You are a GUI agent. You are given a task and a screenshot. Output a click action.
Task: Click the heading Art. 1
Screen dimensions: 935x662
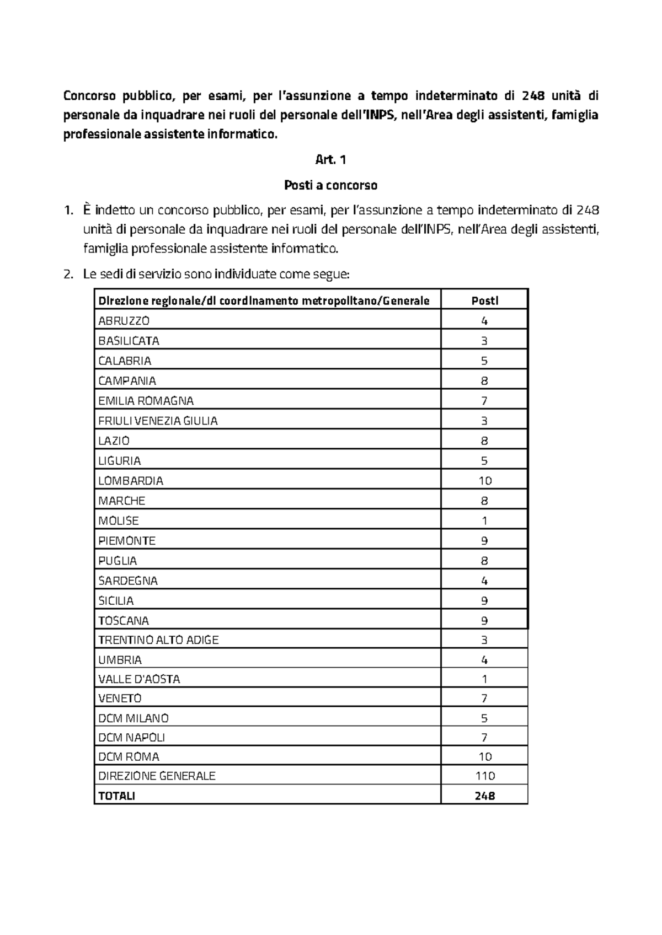330,160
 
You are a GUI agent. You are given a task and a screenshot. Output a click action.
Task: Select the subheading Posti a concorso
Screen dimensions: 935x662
330,185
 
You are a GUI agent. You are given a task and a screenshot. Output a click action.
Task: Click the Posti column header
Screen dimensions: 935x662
484,300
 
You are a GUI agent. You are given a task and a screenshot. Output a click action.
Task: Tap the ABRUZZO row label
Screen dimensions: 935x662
124,321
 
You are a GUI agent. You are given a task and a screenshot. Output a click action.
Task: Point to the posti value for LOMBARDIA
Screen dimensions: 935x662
484,481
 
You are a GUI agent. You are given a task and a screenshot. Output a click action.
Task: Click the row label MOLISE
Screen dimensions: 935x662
118,521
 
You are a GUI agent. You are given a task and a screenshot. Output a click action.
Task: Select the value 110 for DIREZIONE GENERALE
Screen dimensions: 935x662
484,776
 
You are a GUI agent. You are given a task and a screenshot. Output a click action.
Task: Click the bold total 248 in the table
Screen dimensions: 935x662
484,796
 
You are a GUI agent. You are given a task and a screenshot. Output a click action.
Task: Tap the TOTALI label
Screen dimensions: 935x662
116,796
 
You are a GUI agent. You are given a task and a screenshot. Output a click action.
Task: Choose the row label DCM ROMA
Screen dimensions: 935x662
129,757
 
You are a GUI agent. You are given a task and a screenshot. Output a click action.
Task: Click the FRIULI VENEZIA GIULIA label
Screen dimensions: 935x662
158,421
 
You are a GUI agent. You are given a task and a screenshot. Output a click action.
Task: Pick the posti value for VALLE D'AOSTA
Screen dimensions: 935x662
484,679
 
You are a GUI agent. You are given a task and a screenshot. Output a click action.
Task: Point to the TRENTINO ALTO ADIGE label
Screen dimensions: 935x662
158,640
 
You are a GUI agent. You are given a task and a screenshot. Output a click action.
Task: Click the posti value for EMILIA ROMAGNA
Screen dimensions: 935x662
484,401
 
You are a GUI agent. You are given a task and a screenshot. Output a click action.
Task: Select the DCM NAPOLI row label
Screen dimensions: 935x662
131,738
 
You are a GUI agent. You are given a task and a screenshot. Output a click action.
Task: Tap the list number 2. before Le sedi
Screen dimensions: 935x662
68,275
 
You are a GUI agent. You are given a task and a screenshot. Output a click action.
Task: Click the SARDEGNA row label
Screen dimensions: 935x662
127,581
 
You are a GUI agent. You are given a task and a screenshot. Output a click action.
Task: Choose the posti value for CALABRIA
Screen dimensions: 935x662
484,361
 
